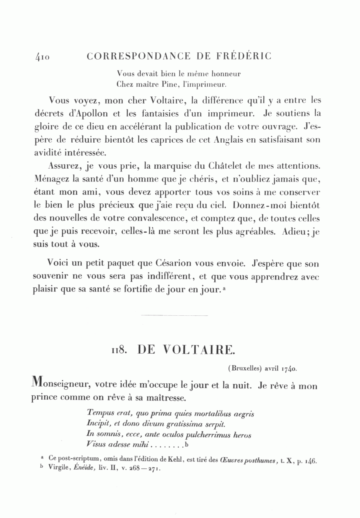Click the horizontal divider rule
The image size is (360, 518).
pos(175,316)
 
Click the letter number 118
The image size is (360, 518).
pos(119,351)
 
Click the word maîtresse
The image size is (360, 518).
pos(165,398)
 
